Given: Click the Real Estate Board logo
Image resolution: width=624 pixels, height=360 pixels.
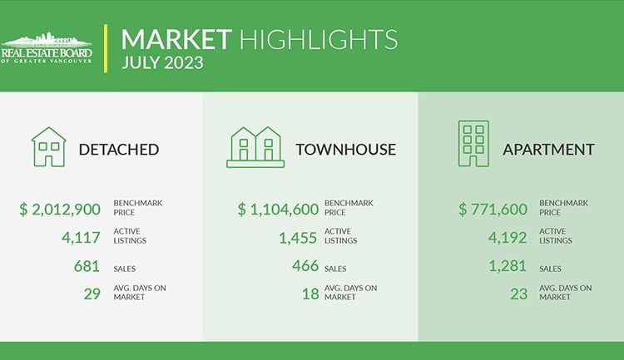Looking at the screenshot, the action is [46, 47].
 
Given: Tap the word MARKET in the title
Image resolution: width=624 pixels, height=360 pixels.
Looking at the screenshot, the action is [176, 39].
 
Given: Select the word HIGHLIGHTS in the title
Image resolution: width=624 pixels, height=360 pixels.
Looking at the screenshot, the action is [319, 39].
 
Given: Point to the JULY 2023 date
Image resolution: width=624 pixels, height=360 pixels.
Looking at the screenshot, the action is [162, 63].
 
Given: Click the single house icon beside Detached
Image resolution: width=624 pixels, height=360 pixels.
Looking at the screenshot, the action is [48, 147].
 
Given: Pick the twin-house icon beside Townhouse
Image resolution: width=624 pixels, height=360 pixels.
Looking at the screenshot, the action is [255, 147].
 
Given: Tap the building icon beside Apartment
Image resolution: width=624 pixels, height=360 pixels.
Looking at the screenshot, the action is [473, 144].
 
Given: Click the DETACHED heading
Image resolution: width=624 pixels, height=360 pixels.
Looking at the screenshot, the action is [119, 150].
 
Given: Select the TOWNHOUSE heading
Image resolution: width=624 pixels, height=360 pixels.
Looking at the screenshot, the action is [346, 150].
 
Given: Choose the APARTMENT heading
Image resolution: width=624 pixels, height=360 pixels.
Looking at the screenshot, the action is [548, 150].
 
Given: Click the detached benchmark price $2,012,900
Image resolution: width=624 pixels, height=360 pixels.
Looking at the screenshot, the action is [60, 210].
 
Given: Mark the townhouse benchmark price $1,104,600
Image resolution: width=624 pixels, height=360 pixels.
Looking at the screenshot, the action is [278, 210].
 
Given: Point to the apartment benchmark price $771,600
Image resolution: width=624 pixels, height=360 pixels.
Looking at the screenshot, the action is [493, 210].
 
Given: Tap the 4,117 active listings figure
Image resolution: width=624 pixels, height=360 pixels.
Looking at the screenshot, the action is [81, 238].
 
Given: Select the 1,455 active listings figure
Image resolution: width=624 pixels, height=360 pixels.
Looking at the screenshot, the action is [298, 238].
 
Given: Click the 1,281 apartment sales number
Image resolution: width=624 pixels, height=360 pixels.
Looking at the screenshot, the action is [508, 266].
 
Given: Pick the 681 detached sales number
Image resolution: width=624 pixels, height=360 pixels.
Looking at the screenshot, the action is [87, 266].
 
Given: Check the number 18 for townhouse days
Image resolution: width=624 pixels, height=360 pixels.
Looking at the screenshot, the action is [310, 294].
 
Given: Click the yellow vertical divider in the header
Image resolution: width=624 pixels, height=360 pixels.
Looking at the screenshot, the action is [106, 48].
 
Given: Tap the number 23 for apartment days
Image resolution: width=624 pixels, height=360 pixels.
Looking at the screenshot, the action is [519, 294].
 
